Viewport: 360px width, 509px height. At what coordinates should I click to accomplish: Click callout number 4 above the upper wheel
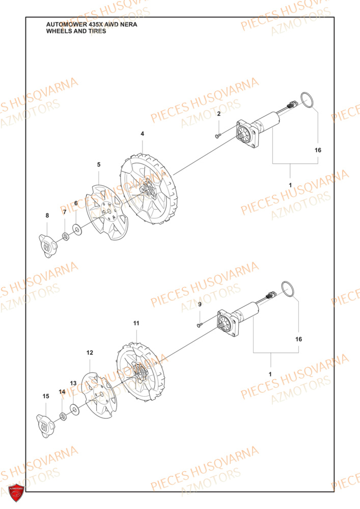(x=142, y=134)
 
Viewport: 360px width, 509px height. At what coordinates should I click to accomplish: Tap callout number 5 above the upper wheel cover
(x=99, y=164)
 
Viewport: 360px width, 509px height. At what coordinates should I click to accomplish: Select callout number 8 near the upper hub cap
(x=47, y=216)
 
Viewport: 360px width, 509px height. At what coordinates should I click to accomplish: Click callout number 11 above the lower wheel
(x=136, y=323)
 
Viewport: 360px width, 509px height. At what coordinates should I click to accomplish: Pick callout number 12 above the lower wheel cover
(x=90, y=352)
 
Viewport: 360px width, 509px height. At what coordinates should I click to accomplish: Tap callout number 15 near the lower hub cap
(x=46, y=396)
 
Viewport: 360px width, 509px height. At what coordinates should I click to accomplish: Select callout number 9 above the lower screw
(x=200, y=304)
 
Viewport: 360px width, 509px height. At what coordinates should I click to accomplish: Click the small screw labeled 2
(x=218, y=135)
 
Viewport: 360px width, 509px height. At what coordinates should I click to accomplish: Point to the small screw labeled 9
(x=199, y=324)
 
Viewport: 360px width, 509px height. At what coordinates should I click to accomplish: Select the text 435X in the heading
(x=94, y=24)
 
